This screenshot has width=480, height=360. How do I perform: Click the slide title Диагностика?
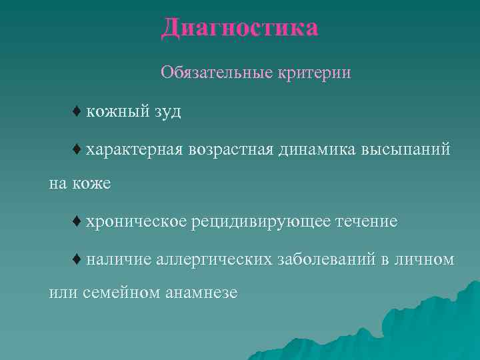(x=239, y=28)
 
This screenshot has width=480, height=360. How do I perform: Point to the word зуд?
(x=166, y=111)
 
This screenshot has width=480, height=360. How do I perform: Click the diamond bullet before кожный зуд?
(x=77, y=111)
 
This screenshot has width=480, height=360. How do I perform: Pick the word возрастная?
(x=231, y=150)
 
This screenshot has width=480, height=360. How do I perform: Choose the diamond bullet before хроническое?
(x=77, y=221)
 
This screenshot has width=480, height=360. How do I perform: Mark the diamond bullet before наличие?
(x=77, y=259)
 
